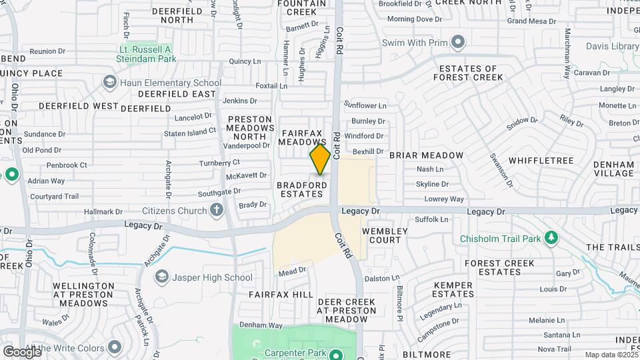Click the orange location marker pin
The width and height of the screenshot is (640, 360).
pyautogui.click(x=320, y=160)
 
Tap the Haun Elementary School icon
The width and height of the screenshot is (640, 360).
pyautogui.click(x=109, y=82)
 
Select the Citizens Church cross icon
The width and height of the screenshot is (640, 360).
pyautogui.click(x=216, y=211)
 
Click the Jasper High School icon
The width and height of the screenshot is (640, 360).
pyautogui.click(x=161, y=277)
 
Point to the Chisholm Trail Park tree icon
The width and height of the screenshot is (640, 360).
pyautogui.click(x=551, y=238)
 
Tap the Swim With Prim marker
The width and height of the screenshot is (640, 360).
pyautogui.click(x=457, y=43)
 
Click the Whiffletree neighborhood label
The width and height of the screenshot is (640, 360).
pyautogui.click(x=541, y=161)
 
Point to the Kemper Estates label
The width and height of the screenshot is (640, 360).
pyautogui.click(x=453, y=289)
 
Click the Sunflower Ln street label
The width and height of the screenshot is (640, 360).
pyautogui.click(x=365, y=105)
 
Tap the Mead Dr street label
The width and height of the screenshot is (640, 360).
pyautogui.click(x=292, y=271)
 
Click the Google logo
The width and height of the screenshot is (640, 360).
pyautogui.click(x=21, y=351)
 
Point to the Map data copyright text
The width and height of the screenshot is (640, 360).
pyautogui.click(x=611, y=355)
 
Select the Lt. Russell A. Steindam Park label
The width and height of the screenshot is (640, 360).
pyautogui.click(x=146, y=54)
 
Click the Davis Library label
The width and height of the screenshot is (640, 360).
pyautogui.click(x=612, y=47)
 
